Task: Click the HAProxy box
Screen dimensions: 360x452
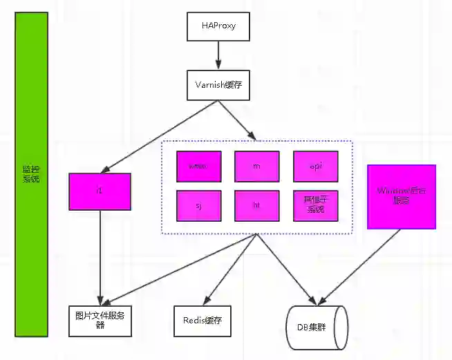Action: tap(218, 26)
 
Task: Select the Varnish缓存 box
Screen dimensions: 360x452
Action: tap(218, 86)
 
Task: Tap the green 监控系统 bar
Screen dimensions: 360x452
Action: tap(31, 173)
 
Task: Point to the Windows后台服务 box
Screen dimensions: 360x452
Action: tap(402, 196)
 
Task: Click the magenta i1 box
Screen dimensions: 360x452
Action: tap(100, 191)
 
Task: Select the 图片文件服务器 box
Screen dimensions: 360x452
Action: tap(100, 320)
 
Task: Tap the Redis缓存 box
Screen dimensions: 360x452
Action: tap(202, 321)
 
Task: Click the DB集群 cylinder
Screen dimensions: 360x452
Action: tap(317, 325)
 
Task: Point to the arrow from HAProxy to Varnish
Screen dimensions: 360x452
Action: tap(218, 55)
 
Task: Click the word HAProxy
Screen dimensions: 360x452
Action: tap(218, 26)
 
